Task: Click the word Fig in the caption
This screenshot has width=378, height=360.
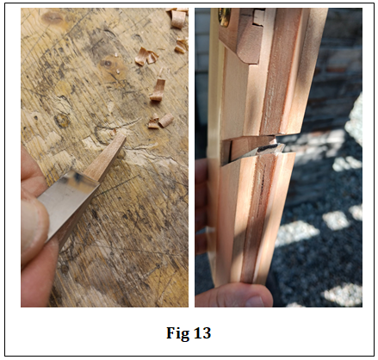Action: [178, 333]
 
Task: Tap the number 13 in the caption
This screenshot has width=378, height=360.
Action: [202, 333]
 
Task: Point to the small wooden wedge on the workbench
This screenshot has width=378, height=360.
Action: [106, 158]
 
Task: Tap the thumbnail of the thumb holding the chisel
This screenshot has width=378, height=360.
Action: [33, 227]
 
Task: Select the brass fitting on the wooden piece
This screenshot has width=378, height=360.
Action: [224, 16]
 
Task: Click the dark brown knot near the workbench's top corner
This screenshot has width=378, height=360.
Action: [52, 17]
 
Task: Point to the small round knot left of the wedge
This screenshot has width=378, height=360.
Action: [62, 121]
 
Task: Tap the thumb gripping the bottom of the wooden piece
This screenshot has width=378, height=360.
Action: [234, 295]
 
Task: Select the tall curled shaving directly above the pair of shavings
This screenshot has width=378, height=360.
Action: [158, 90]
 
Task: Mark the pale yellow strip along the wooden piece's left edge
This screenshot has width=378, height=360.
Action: [213, 144]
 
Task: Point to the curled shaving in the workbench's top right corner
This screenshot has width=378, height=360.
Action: [178, 18]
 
